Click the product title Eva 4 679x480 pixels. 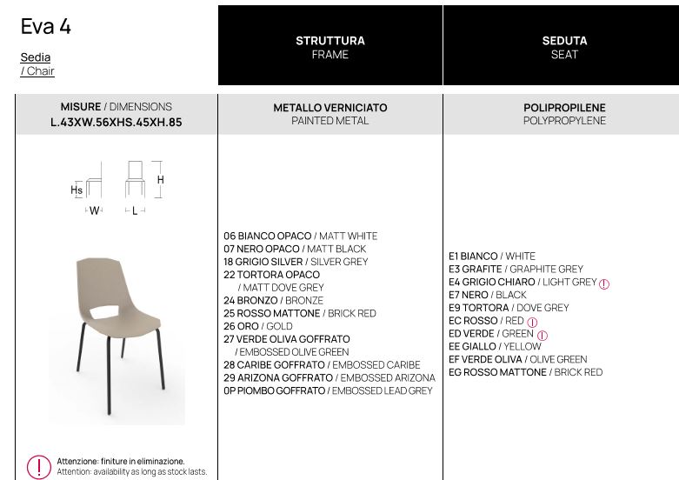point(46,27)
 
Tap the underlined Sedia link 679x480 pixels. point(36,57)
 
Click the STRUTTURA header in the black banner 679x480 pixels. point(330,41)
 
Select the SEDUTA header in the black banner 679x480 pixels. point(564,41)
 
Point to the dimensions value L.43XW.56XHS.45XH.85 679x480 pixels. point(116,123)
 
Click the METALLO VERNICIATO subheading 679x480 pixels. point(330,108)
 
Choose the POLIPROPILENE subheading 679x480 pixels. point(564,108)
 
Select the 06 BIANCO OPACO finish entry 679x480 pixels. point(300,236)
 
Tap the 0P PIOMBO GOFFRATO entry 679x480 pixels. point(328,390)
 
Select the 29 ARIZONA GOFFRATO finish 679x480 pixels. point(330,378)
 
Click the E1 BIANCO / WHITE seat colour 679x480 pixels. point(492,257)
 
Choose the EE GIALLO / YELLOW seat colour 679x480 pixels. point(495,346)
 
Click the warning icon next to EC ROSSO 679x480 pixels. point(532,322)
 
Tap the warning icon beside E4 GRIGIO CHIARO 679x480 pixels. point(604,283)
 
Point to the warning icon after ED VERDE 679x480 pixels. point(543,335)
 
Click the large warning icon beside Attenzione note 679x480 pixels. point(39,467)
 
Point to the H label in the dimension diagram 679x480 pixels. point(161,180)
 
